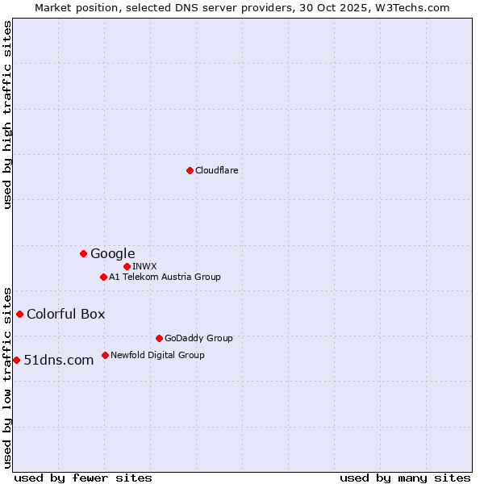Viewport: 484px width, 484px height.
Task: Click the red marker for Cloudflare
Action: coord(190,170)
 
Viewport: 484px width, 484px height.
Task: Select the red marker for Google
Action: coord(83,253)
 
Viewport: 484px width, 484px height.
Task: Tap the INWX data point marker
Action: coord(127,266)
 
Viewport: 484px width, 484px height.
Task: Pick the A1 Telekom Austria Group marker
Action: coord(103,277)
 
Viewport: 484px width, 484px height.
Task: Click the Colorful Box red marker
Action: coord(19,314)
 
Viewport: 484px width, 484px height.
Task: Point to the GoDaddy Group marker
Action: coord(159,338)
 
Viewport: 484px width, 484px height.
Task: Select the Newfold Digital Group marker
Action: coord(105,355)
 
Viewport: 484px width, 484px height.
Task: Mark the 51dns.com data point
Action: coord(16,360)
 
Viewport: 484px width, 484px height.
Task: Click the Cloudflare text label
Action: coord(217,170)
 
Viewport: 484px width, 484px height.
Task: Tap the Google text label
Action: coord(113,253)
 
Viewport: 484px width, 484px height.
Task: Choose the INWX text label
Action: coord(145,266)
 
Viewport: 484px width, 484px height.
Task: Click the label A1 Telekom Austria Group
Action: coord(165,277)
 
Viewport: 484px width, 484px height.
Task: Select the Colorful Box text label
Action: coord(66,314)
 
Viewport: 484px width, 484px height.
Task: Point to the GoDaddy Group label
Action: coord(198,338)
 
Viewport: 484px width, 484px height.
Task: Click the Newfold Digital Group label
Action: coord(157,355)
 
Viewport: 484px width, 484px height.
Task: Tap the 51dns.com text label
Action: coord(59,360)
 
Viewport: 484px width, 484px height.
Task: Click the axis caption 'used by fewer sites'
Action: coord(83,478)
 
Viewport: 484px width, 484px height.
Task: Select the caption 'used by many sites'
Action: coord(405,478)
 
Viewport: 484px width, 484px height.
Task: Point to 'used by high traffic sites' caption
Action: coord(8,115)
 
